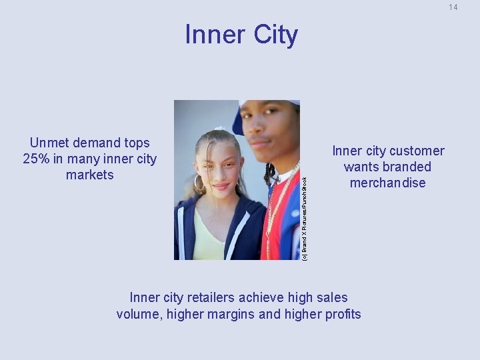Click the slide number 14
coord(453,7)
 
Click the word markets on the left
coord(90,175)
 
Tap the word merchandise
coord(387,183)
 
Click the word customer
coord(417,151)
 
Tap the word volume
coord(138,313)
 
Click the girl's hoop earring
coord(198,183)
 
